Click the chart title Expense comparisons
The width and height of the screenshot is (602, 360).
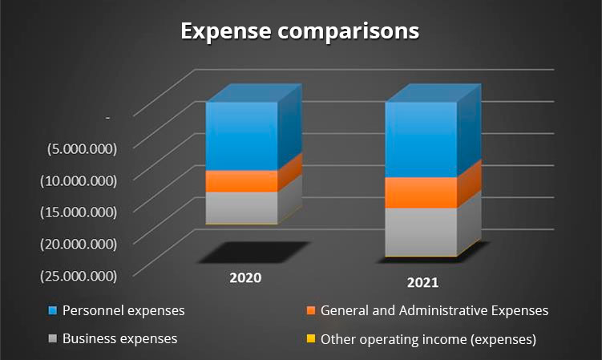pyautogui.click(x=300, y=31)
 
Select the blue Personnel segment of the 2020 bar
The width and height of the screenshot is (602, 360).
pyautogui.click(x=242, y=136)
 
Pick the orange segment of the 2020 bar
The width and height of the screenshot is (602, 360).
pyautogui.click(x=242, y=181)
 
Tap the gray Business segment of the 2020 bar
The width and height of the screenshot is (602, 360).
pyautogui.click(x=242, y=208)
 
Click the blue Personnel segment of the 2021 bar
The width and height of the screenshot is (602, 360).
pyautogui.click(x=421, y=140)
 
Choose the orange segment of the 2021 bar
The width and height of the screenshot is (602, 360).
pyautogui.click(x=421, y=192)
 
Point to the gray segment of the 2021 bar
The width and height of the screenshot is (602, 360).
pyautogui.click(x=421, y=232)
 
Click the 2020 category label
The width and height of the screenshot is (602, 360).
pyautogui.click(x=245, y=277)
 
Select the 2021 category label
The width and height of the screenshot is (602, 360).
pyautogui.click(x=422, y=283)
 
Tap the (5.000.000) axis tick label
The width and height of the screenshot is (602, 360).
pyautogui.click(x=82, y=149)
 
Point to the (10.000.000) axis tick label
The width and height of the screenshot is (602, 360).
pyautogui.click(x=79, y=181)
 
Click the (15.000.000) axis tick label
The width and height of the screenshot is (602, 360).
pyautogui.click(x=79, y=212)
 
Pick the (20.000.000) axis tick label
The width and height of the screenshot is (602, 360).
pyautogui.click(x=79, y=245)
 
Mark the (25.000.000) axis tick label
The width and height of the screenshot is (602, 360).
pyautogui.click(x=79, y=277)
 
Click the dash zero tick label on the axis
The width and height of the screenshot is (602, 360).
pyautogui.click(x=108, y=118)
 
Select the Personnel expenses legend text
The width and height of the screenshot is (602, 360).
pyautogui.click(x=123, y=310)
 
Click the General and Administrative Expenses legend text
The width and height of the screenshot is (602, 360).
pyautogui.click(x=434, y=310)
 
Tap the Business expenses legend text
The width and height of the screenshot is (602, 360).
pyautogui.click(x=119, y=338)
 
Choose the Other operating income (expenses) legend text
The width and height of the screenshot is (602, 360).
pyautogui.click(x=428, y=339)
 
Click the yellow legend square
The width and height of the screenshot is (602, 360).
pyautogui.click(x=311, y=339)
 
